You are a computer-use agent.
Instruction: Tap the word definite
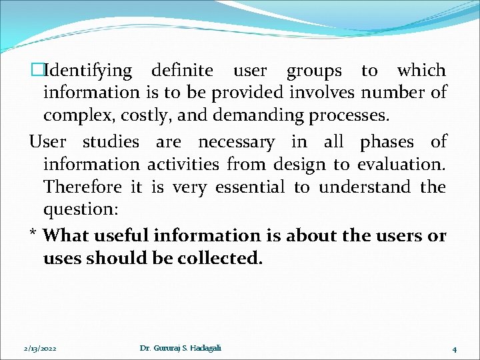point(182,71)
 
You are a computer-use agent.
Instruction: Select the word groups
point(314,71)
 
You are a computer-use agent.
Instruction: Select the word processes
point(349,115)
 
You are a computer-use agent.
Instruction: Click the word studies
point(111,142)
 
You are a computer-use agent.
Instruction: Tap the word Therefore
point(83,187)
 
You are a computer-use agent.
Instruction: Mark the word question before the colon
point(78,210)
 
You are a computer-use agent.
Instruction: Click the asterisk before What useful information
point(33,235)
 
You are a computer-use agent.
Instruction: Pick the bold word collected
point(220,259)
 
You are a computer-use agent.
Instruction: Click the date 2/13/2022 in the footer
point(40,349)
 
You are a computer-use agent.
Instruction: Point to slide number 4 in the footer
point(453,349)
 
